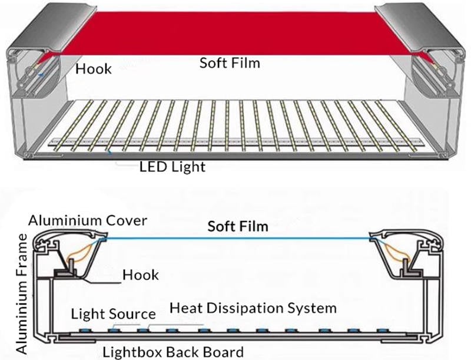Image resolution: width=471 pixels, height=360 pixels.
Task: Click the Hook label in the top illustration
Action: [x=94, y=69]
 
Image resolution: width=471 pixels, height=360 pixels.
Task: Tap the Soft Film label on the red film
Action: [x=230, y=62]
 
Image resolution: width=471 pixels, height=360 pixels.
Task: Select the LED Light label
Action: [x=173, y=167]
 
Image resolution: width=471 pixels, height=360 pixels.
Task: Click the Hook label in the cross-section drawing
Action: [x=141, y=275]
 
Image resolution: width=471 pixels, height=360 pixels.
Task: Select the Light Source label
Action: [x=114, y=313]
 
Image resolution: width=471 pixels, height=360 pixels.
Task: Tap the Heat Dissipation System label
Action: [x=253, y=308]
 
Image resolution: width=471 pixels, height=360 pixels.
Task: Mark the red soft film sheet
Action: [x=235, y=29]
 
